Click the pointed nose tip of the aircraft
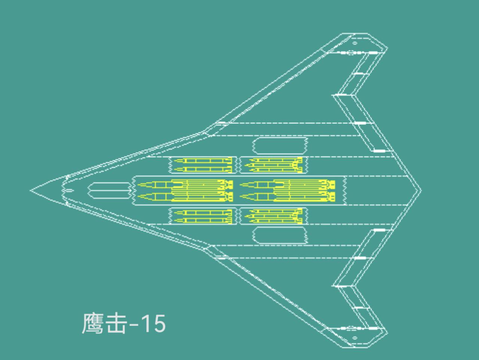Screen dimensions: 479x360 coord(31,190)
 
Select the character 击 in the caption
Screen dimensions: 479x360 coord(115,324)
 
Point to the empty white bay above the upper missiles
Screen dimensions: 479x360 coord(280,146)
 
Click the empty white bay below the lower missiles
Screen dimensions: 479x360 coord(280,235)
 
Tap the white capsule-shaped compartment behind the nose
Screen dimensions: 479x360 coord(109,190)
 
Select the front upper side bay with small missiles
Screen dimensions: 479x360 coord(202,165)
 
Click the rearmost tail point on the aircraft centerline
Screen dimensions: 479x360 coord(421,190)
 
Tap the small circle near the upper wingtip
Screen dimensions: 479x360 coord(355,43)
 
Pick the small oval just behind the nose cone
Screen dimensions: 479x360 coord(68,190)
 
